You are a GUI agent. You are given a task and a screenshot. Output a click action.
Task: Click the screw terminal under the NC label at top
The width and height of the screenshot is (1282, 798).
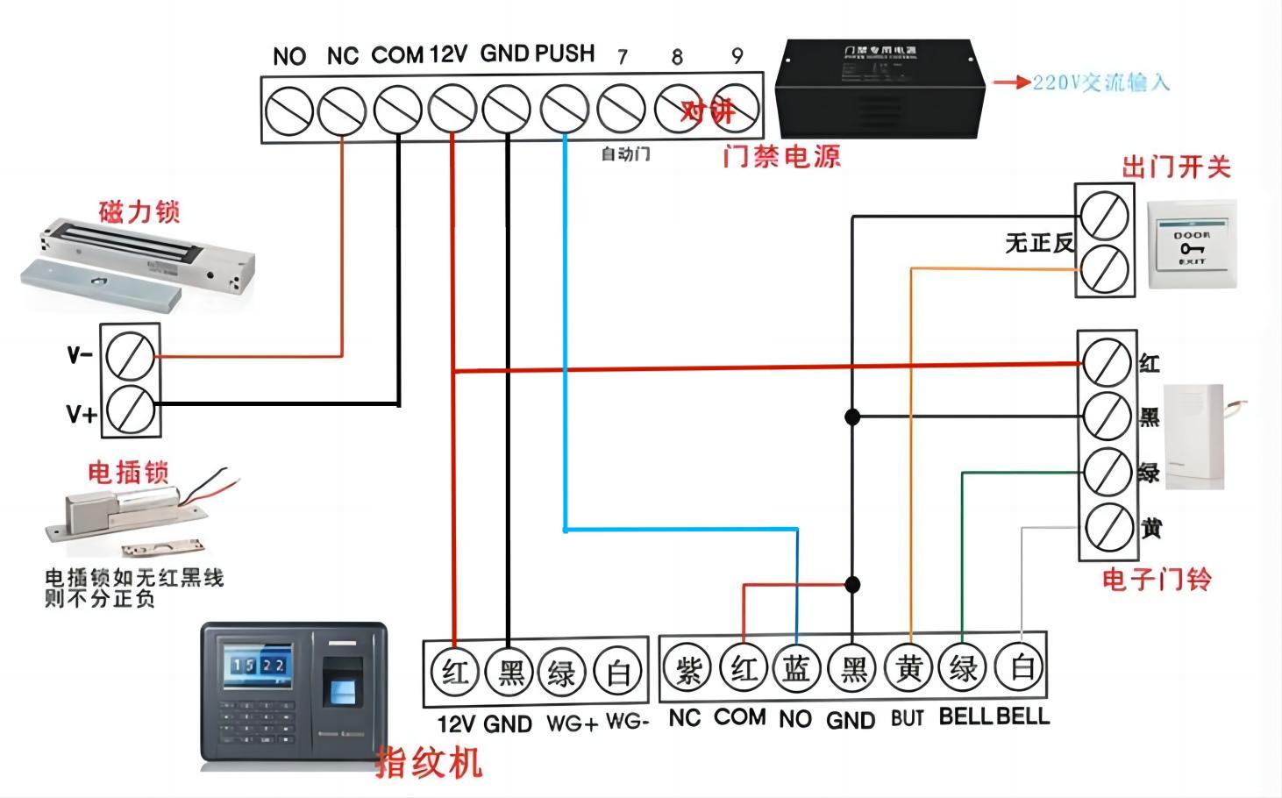[x=342, y=111]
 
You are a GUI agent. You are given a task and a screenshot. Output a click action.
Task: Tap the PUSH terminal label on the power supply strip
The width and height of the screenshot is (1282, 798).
[x=565, y=54]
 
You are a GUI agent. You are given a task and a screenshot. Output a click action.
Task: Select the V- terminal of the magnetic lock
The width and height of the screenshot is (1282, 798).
[x=130, y=356]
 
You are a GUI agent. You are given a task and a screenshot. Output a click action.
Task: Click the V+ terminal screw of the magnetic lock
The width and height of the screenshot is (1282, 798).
[x=130, y=409]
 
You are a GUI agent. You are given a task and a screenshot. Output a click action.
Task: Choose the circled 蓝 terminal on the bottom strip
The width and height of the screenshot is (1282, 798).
[x=796, y=669]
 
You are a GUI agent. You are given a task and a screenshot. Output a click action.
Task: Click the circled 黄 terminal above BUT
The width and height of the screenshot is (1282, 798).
[x=908, y=669]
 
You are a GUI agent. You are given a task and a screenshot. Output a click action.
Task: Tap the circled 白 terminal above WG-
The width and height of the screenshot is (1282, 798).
[x=618, y=673]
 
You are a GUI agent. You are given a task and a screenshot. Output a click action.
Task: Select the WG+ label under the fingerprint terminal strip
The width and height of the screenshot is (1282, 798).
[x=572, y=724]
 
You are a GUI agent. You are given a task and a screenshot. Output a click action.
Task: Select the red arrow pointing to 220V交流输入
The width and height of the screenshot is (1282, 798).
[x=1010, y=82]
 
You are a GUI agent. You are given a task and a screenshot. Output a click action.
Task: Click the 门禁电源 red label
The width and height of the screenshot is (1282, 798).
[x=781, y=157]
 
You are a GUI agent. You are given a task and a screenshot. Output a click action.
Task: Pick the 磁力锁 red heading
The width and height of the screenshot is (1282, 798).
[x=139, y=213]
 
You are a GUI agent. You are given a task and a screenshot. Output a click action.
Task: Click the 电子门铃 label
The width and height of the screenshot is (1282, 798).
[x=1156, y=579]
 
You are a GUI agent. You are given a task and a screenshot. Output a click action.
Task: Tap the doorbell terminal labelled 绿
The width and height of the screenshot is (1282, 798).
[x=1107, y=471]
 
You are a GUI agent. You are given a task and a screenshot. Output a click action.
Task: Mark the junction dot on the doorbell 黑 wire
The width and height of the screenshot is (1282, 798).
[x=851, y=417]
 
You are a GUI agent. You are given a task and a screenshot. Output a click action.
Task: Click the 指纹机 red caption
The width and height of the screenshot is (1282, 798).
[x=429, y=761]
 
